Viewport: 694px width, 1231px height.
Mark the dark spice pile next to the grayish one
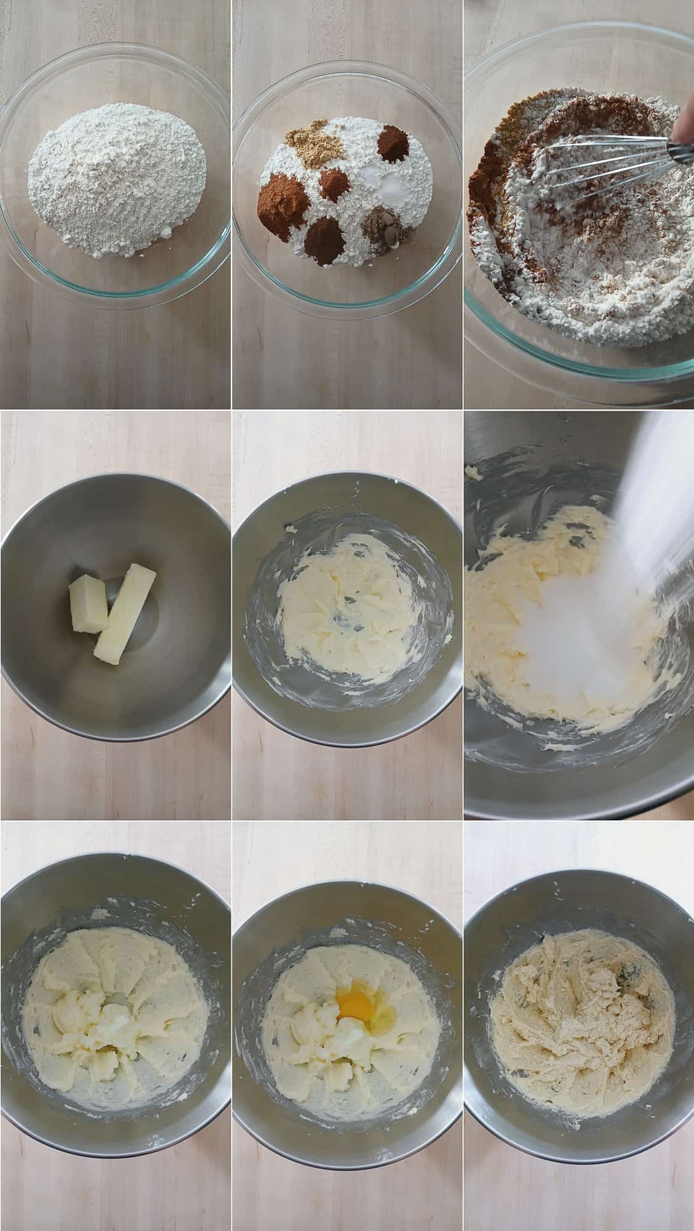(326, 241)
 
